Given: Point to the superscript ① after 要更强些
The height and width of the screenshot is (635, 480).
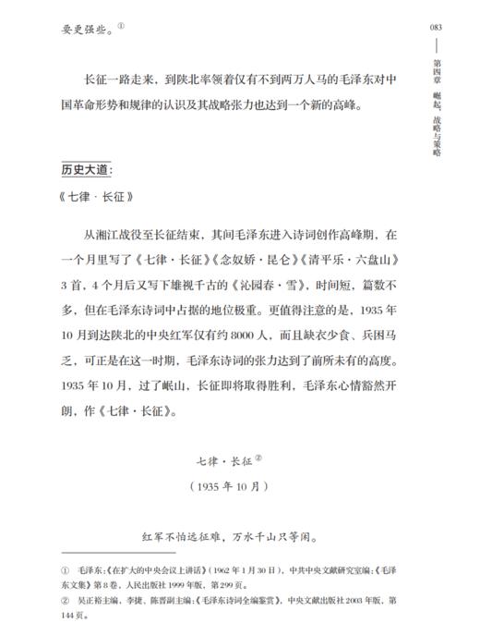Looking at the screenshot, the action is click(x=121, y=25).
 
